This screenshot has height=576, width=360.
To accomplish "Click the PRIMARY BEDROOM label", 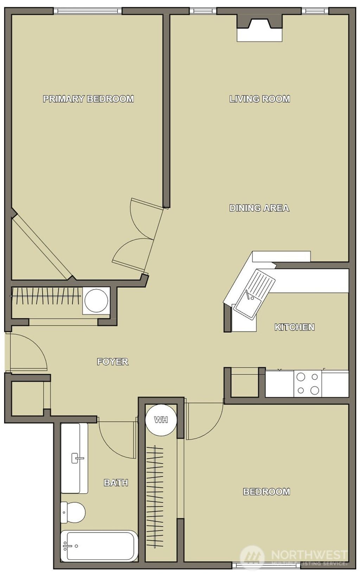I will click(x=88, y=99).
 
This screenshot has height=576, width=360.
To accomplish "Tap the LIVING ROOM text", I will click(x=260, y=99).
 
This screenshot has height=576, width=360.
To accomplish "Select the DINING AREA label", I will click(x=259, y=208).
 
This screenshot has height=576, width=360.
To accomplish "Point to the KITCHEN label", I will click(x=294, y=327).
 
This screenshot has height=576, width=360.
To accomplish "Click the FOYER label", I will click(x=112, y=362).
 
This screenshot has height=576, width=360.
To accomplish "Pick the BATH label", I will click(x=116, y=483).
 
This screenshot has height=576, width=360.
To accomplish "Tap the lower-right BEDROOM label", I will click(x=266, y=492).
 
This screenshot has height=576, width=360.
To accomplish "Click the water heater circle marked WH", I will click(x=161, y=420).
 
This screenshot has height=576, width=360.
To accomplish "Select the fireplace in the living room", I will click(x=260, y=28).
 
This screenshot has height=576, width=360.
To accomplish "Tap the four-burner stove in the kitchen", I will click(x=308, y=384).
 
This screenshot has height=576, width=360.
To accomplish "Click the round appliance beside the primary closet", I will click(x=96, y=300).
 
